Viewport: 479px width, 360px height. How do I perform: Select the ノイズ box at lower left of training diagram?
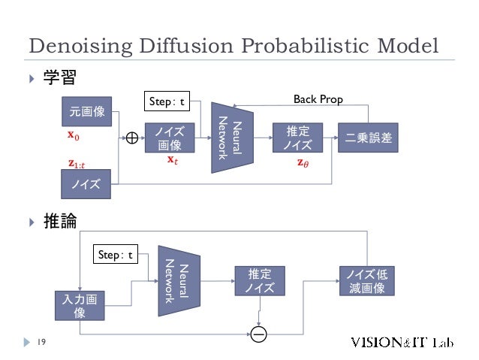[x=87, y=183]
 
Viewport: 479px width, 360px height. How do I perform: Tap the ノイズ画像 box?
[x=170, y=138]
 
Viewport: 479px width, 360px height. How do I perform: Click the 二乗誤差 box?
[x=372, y=138]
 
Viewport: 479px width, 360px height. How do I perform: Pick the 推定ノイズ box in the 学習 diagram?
[x=297, y=138]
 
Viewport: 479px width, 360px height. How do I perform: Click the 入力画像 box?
[x=80, y=307]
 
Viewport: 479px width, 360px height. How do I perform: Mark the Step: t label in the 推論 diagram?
[x=115, y=255]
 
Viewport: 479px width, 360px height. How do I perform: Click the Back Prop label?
[x=318, y=99]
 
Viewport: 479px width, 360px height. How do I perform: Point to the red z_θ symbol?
[x=302, y=162]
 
